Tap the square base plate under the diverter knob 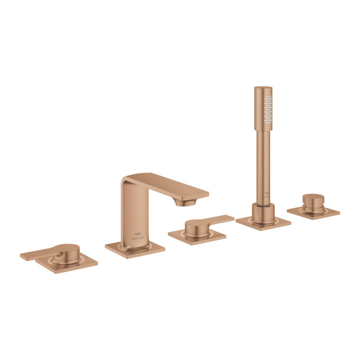313,211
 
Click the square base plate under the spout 135,247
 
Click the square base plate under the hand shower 263,222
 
